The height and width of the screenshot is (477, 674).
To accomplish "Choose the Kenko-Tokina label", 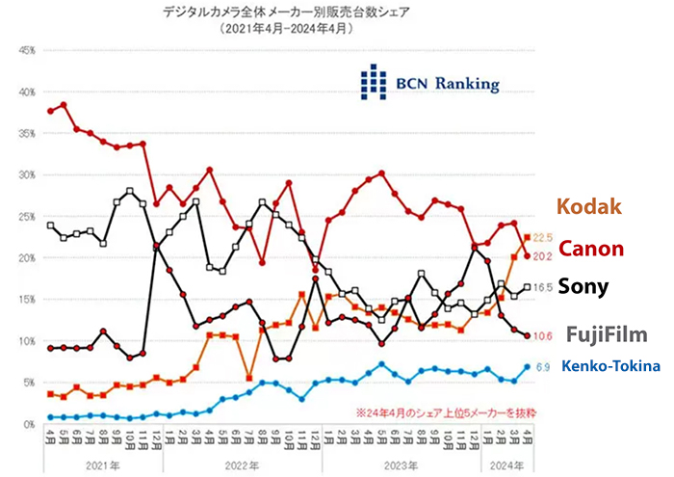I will coord(611,366).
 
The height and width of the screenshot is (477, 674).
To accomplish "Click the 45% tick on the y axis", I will coord(27,49).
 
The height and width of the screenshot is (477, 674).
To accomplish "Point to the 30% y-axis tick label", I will coord(27,174).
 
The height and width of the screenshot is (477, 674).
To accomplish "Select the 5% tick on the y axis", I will coord(29,383).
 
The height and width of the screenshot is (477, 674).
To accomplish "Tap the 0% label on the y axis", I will coord(29,424).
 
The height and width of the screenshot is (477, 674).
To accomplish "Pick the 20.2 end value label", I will coord(542,256).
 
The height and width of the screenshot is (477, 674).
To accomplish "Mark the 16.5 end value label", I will coord(543,287).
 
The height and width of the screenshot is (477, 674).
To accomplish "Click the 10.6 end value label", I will coord(542,335).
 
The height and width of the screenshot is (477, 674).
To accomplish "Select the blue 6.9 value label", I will coord(542,367).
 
